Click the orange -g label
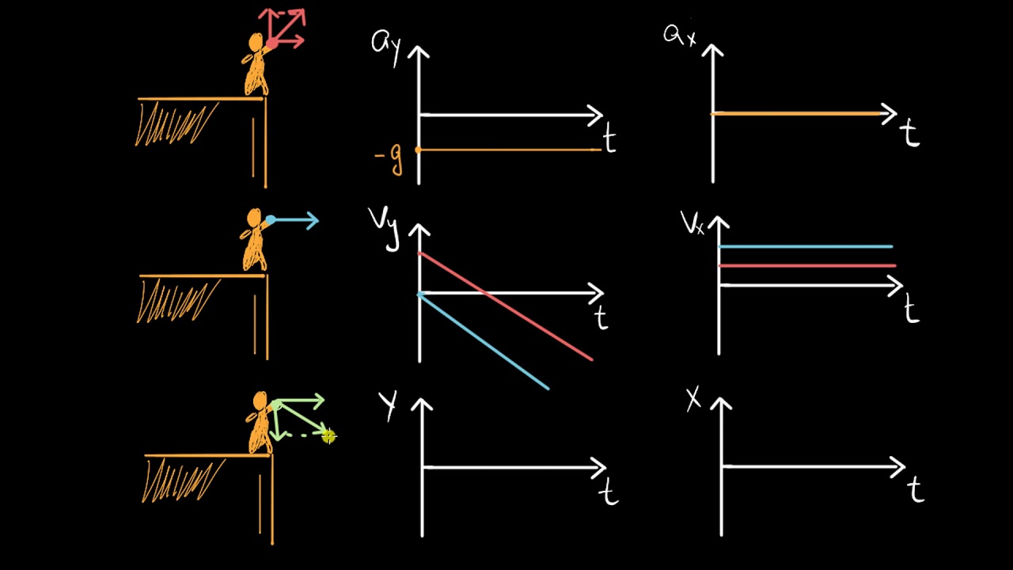(389, 159)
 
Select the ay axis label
(386, 42)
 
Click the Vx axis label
(692, 224)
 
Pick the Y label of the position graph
(388, 405)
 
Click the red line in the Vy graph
(506, 306)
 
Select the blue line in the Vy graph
(483, 341)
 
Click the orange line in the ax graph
(799, 115)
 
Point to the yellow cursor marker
(328, 435)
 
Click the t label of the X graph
(916, 491)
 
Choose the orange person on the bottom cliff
(260, 423)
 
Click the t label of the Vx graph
(912, 310)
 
